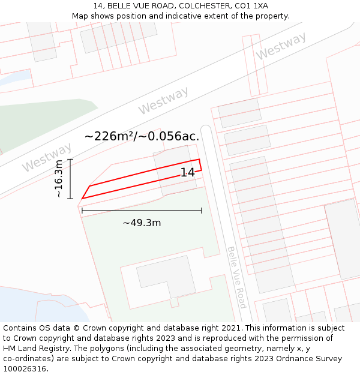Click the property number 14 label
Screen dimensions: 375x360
coord(187,173)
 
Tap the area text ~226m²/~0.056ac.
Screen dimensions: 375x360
coord(142,136)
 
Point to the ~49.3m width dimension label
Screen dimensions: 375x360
coord(142,223)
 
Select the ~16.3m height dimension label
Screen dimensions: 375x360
coord(58,179)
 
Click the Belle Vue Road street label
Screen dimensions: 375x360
coord(236,277)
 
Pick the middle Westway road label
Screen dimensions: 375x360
coord(163,100)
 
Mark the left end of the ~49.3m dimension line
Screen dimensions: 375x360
coord(82,211)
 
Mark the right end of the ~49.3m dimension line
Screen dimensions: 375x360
coord(202,211)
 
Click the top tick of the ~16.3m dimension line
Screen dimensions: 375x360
coord(70,159)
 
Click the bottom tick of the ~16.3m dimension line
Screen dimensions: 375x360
coord(70,199)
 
